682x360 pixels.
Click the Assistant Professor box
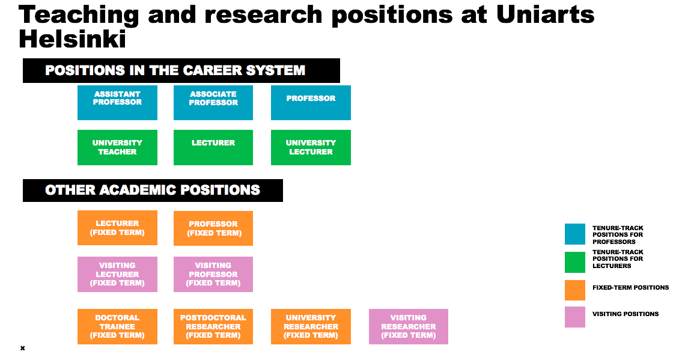tap(117, 103)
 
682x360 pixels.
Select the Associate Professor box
tap(213, 103)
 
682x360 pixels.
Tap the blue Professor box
tap(311, 103)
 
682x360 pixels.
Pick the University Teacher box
tap(117, 147)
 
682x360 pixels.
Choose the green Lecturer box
tap(213, 147)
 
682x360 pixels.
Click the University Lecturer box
tap(311, 147)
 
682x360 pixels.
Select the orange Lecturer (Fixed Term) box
tap(117, 228)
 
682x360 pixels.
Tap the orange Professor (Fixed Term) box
tap(213, 228)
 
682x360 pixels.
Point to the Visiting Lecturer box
tap(117, 274)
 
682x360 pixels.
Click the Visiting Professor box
tap(213, 274)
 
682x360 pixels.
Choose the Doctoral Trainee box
tap(117, 326)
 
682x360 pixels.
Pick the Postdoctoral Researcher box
tap(213, 326)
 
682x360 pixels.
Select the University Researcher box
tap(311, 326)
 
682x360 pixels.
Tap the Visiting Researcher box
tap(409, 326)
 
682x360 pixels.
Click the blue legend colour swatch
tap(575, 234)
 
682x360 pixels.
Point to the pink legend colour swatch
tap(575, 317)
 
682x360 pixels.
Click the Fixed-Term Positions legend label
tap(631, 287)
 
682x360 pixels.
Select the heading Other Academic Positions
tap(153, 190)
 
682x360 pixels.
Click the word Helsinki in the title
tap(72, 38)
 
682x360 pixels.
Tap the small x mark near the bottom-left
tap(23, 348)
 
